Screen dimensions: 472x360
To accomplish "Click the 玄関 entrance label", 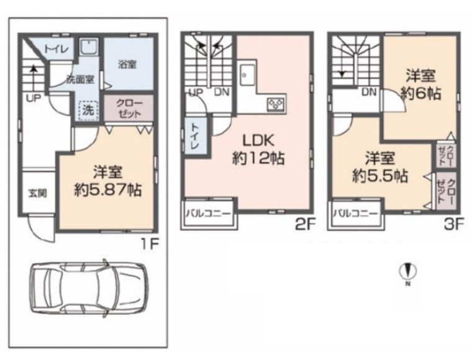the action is coord(38,193).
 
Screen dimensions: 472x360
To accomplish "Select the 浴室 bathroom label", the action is coord(127,64).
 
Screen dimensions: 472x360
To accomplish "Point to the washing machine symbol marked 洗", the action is coord(88,110).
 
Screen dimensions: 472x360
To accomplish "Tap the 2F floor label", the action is coord(305,224).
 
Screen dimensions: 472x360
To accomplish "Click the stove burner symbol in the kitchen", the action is coord(276,105).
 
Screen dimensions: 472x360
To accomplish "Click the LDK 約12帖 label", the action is coord(258,149).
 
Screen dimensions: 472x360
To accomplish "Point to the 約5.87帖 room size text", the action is coord(108,190).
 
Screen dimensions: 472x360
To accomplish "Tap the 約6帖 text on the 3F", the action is coord(421,94).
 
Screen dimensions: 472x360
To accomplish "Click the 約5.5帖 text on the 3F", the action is coord(380,176).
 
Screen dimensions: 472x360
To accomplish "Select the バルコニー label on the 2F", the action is coord(208,214).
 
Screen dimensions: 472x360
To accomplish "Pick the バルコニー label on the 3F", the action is coord(355,214).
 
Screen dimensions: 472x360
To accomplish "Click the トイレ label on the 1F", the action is coord(57,49).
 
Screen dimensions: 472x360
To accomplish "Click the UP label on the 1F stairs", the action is coord(33,98).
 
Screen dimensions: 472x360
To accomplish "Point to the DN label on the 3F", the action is coord(369,92).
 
